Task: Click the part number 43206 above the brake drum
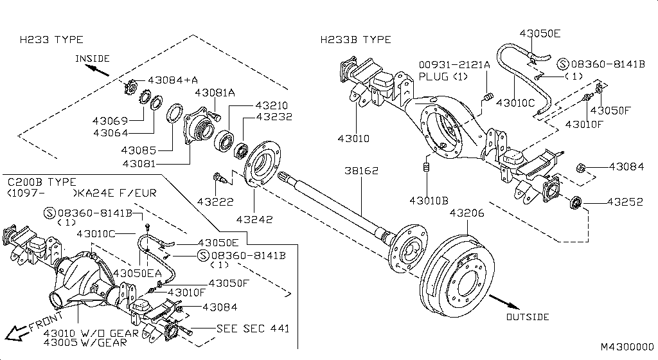coord(468,213)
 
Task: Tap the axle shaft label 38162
coord(361,172)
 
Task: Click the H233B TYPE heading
coord(356,40)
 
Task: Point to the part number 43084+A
coord(173,80)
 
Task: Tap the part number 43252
coord(626,202)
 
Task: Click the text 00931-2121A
coord(454,65)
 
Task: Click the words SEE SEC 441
coord(253,328)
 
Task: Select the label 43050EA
coord(138,273)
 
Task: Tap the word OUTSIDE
coord(528,317)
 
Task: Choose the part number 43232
coord(274,117)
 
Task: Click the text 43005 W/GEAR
coord(91,343)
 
